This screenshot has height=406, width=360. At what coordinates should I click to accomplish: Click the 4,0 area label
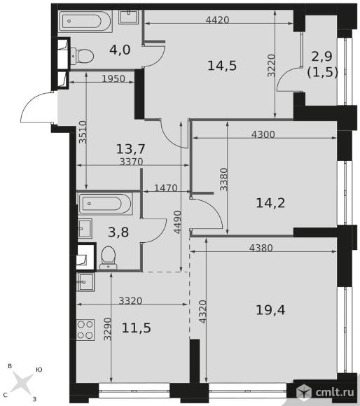[120, 50]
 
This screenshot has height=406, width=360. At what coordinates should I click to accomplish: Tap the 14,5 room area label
[222, 66]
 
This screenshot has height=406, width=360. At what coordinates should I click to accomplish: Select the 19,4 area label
[270, 309]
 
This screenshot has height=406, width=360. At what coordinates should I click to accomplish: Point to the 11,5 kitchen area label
[137, 328]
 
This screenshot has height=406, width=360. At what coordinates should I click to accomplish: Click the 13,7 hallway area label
[131, 149]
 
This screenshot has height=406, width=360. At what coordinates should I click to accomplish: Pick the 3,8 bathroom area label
[118, 232]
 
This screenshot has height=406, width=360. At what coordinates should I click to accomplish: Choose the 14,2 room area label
[270, 203]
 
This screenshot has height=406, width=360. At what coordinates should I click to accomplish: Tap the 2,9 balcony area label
[321, 56]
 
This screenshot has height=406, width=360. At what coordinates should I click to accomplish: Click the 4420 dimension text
[218, 20]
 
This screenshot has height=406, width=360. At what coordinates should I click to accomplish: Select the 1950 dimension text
[113, 78]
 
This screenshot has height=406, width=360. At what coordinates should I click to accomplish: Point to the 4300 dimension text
[263, 134]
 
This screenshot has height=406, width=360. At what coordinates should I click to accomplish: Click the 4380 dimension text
[261, 248]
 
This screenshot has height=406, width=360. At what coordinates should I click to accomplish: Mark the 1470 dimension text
[166, 188]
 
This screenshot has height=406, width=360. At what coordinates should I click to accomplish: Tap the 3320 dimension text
[130, 300]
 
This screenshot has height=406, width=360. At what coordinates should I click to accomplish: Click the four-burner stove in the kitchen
[85, 330]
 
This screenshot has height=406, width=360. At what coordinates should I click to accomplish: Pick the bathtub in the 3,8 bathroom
[105, 204]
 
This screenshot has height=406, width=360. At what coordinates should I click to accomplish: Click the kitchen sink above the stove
[85, 282]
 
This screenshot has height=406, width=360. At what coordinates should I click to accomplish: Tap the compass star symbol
[23, 382]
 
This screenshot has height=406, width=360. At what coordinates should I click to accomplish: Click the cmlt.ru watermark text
[334, 392]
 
